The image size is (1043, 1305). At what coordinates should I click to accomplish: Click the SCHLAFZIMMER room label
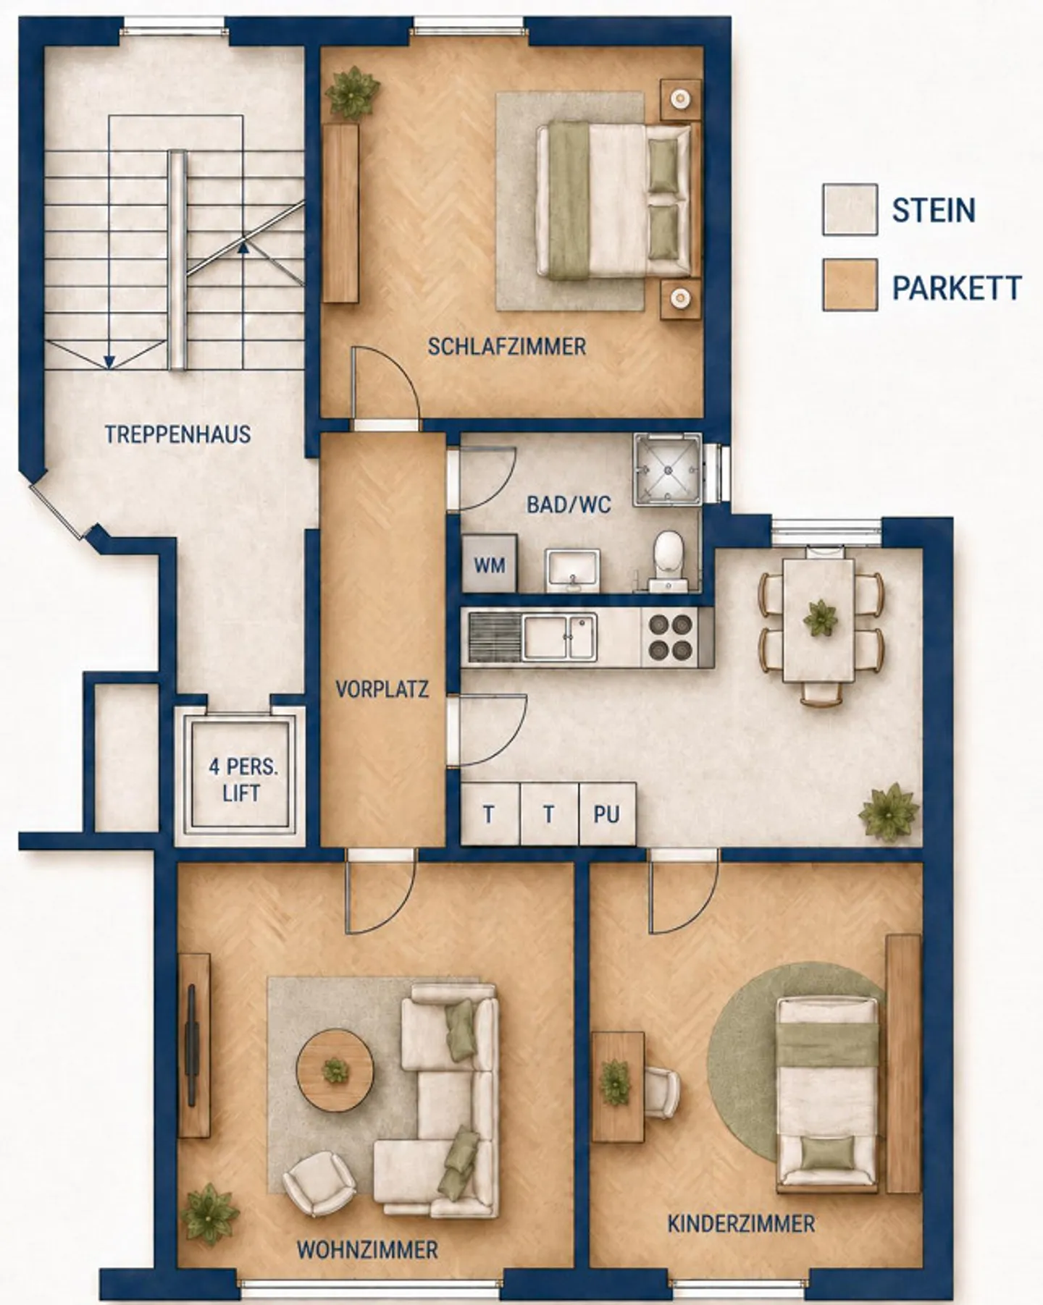tap(507, 347)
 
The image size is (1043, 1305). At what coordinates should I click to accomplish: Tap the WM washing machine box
tap(490, 564)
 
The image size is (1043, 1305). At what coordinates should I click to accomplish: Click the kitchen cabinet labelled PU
tap(607, 814)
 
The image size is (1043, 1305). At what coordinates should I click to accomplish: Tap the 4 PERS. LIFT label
tap(243, 780)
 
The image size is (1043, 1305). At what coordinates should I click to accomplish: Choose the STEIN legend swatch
tap(850, 210)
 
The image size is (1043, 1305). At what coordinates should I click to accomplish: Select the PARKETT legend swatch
tap(850, 284)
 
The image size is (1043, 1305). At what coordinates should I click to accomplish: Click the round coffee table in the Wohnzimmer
tap(335, 1070)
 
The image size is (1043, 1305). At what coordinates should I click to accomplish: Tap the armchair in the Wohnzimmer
tap(319, 1183)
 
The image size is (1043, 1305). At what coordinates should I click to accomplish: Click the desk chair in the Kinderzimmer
tap(661, 1092)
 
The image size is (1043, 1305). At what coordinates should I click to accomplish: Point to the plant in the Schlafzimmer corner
tap(353, 92)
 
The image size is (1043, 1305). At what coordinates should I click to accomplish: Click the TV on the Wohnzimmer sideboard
tap(192, 1044)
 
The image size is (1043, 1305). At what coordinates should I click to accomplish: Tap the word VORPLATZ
tap(382, 688)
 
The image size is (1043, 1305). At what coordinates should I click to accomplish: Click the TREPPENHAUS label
tap(177, 434)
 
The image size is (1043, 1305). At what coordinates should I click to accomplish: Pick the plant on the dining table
tap(820, 619)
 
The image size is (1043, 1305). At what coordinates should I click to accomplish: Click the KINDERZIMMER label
tap(741, 1224)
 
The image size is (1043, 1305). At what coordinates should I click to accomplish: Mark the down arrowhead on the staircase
tap(109, 360)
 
